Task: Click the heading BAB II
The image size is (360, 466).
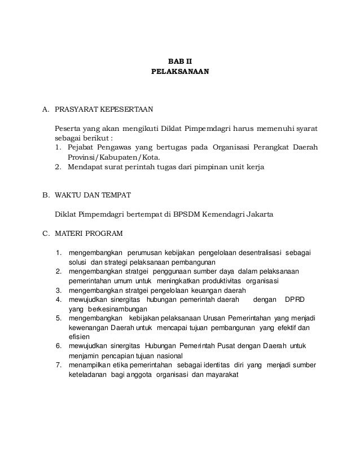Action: click(180, 61)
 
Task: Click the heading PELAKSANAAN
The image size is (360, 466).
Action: click(180, 72)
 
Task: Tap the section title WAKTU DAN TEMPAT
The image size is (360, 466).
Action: click(93, 195)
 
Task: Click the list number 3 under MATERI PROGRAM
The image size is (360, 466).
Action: click(58, 291)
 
